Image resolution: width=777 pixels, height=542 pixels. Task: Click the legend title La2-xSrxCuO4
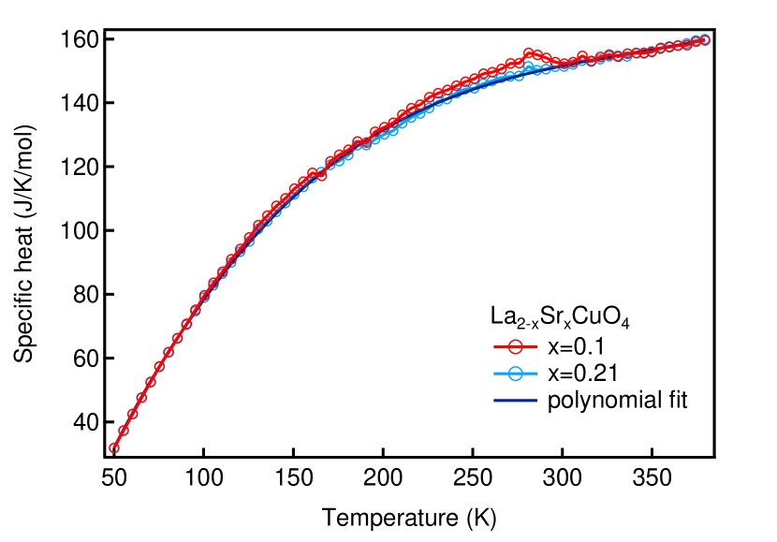[560, 318]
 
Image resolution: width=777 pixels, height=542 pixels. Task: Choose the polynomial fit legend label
[617, 403]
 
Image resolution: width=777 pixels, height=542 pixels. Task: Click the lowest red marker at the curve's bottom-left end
[114, 447]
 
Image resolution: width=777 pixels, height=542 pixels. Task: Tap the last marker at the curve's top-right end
[705, 39]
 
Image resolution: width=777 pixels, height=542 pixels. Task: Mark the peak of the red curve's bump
[529, 52]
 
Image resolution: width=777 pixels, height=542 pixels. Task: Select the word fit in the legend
[677, 402]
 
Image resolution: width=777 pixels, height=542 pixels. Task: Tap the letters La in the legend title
[502, 316]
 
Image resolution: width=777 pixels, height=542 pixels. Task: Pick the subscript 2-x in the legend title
[525, 324]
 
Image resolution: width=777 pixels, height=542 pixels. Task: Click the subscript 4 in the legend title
[625, 325]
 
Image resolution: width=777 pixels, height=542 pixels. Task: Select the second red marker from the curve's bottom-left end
[123, 431]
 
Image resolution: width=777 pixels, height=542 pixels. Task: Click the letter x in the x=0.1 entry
[552, 347]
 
